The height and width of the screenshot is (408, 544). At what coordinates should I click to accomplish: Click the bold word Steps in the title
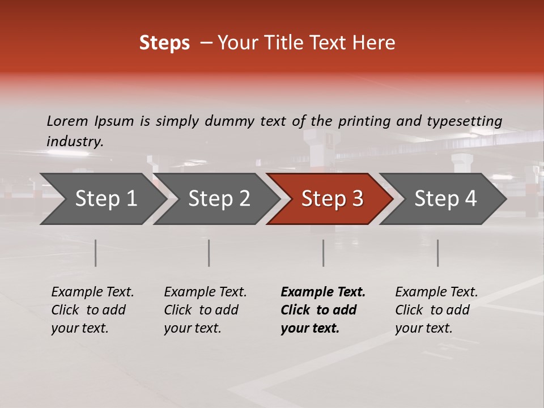(164, 43)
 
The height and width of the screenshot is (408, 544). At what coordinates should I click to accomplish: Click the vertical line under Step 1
(95, 253)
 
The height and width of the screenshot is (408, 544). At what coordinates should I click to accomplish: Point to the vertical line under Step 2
(209, 253)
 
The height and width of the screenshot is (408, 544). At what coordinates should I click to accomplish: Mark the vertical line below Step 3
(323, 253)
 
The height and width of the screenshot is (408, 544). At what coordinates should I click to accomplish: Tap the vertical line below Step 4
(437, 253)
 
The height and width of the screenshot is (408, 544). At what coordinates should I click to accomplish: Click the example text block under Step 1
(92, 310)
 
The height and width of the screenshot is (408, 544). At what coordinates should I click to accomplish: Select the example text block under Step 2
(205, 310)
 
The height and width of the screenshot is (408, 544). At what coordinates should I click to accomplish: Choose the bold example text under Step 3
(323, 310)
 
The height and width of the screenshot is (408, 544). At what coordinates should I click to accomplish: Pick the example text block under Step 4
(436, 310)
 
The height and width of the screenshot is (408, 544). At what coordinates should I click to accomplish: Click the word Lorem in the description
(67, 121)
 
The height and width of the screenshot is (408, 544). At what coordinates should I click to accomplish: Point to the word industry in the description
(75, 142)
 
